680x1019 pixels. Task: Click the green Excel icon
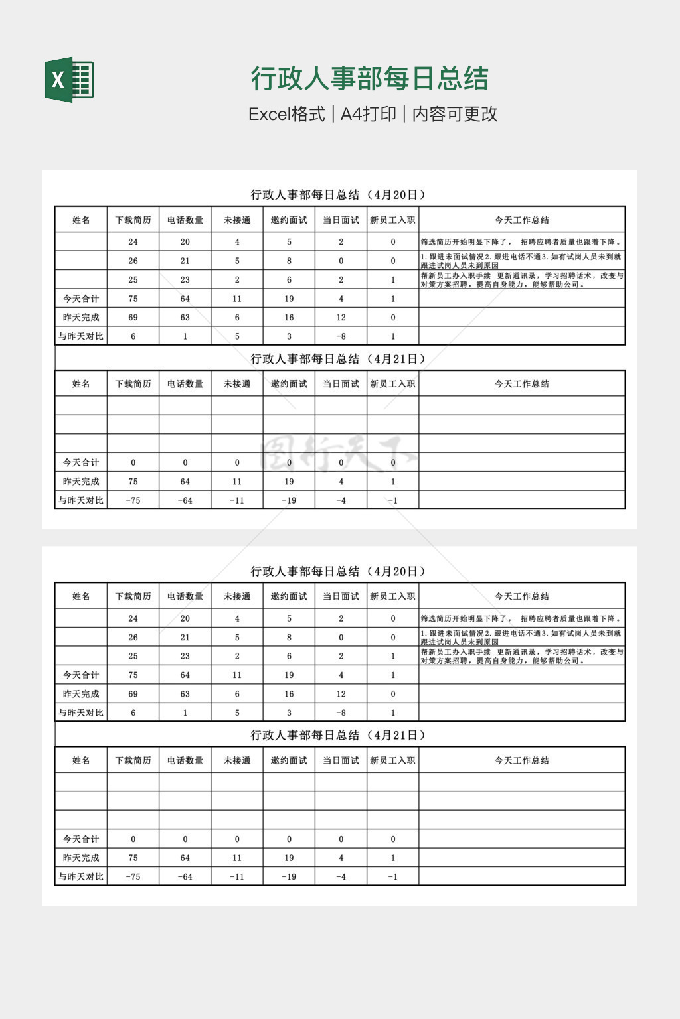(x=69, y=80)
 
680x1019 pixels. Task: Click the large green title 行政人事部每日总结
(x=369, y=78)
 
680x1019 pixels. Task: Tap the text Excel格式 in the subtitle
(x=286, y=114)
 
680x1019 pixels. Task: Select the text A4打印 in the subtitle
(x=368, y=114)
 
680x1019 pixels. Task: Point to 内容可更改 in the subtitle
(x=455, y=114)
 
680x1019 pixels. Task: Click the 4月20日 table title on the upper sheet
(x=339, y=194)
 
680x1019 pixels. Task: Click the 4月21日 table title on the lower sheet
(x=339, y=735)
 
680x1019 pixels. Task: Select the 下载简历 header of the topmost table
(x=133, y=220)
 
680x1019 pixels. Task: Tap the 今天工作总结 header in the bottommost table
(x=521, y=760)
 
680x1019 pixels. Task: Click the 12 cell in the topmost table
(x=341, y=317)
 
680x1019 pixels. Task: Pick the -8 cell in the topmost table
(x=341, y=336)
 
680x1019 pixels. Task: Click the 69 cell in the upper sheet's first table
(x=133, y=317)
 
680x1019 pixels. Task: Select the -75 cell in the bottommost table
(x=133, y=877)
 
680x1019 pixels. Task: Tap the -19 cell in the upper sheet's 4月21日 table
(x=289, y=500)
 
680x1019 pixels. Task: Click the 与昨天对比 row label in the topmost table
(x=81, y=336)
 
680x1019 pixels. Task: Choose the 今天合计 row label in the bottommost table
(x=81, y=839)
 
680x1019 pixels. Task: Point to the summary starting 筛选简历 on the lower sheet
(x=521, y=618)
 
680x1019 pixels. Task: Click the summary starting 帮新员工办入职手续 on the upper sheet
(x=521, y=279)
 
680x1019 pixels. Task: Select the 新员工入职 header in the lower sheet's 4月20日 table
(x=392, y=596)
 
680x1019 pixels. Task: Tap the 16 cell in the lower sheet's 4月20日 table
(x=289, y=694)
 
